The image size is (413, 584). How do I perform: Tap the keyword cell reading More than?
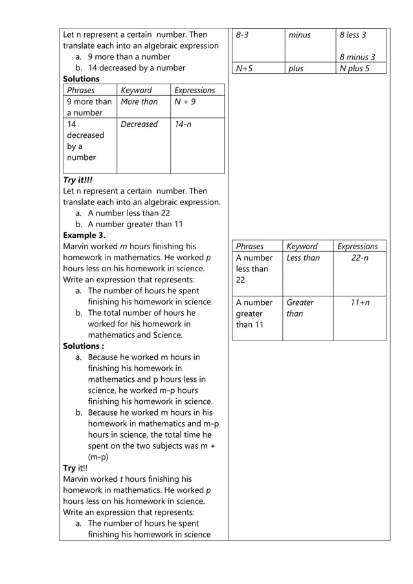coord(139,102)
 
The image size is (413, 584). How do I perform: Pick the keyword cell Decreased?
coord(139,124)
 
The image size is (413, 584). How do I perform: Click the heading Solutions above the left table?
coord(81,79)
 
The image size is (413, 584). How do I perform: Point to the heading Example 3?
coord(84,235)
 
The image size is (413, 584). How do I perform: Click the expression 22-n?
coord(360,258)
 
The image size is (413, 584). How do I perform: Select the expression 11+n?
coord(360,302)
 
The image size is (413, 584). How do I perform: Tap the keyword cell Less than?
coord(303,258)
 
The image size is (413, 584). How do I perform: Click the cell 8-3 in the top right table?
coord(243,35)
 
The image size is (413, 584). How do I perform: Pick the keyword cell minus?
coord(300,35)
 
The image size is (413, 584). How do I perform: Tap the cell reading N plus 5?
coord(354,68)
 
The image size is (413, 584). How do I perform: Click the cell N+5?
coord(245,68)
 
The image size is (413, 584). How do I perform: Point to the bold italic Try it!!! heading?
coord(78,180)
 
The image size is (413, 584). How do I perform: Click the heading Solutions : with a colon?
coord(84,346)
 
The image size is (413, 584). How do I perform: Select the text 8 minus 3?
coord(357,57)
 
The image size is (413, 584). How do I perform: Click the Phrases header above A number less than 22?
coord(250,247)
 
